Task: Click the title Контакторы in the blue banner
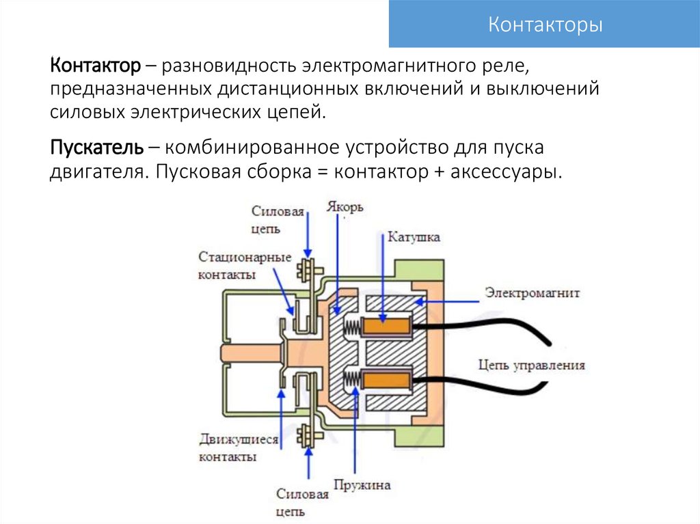[x=545, y=26]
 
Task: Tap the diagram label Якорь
[x=345, y=206]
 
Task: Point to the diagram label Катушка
[x=414, y=237]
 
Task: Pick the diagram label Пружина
[x=362, y=485]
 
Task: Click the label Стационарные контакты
[x=245, y=266]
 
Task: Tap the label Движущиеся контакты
[x=238, y=448]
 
